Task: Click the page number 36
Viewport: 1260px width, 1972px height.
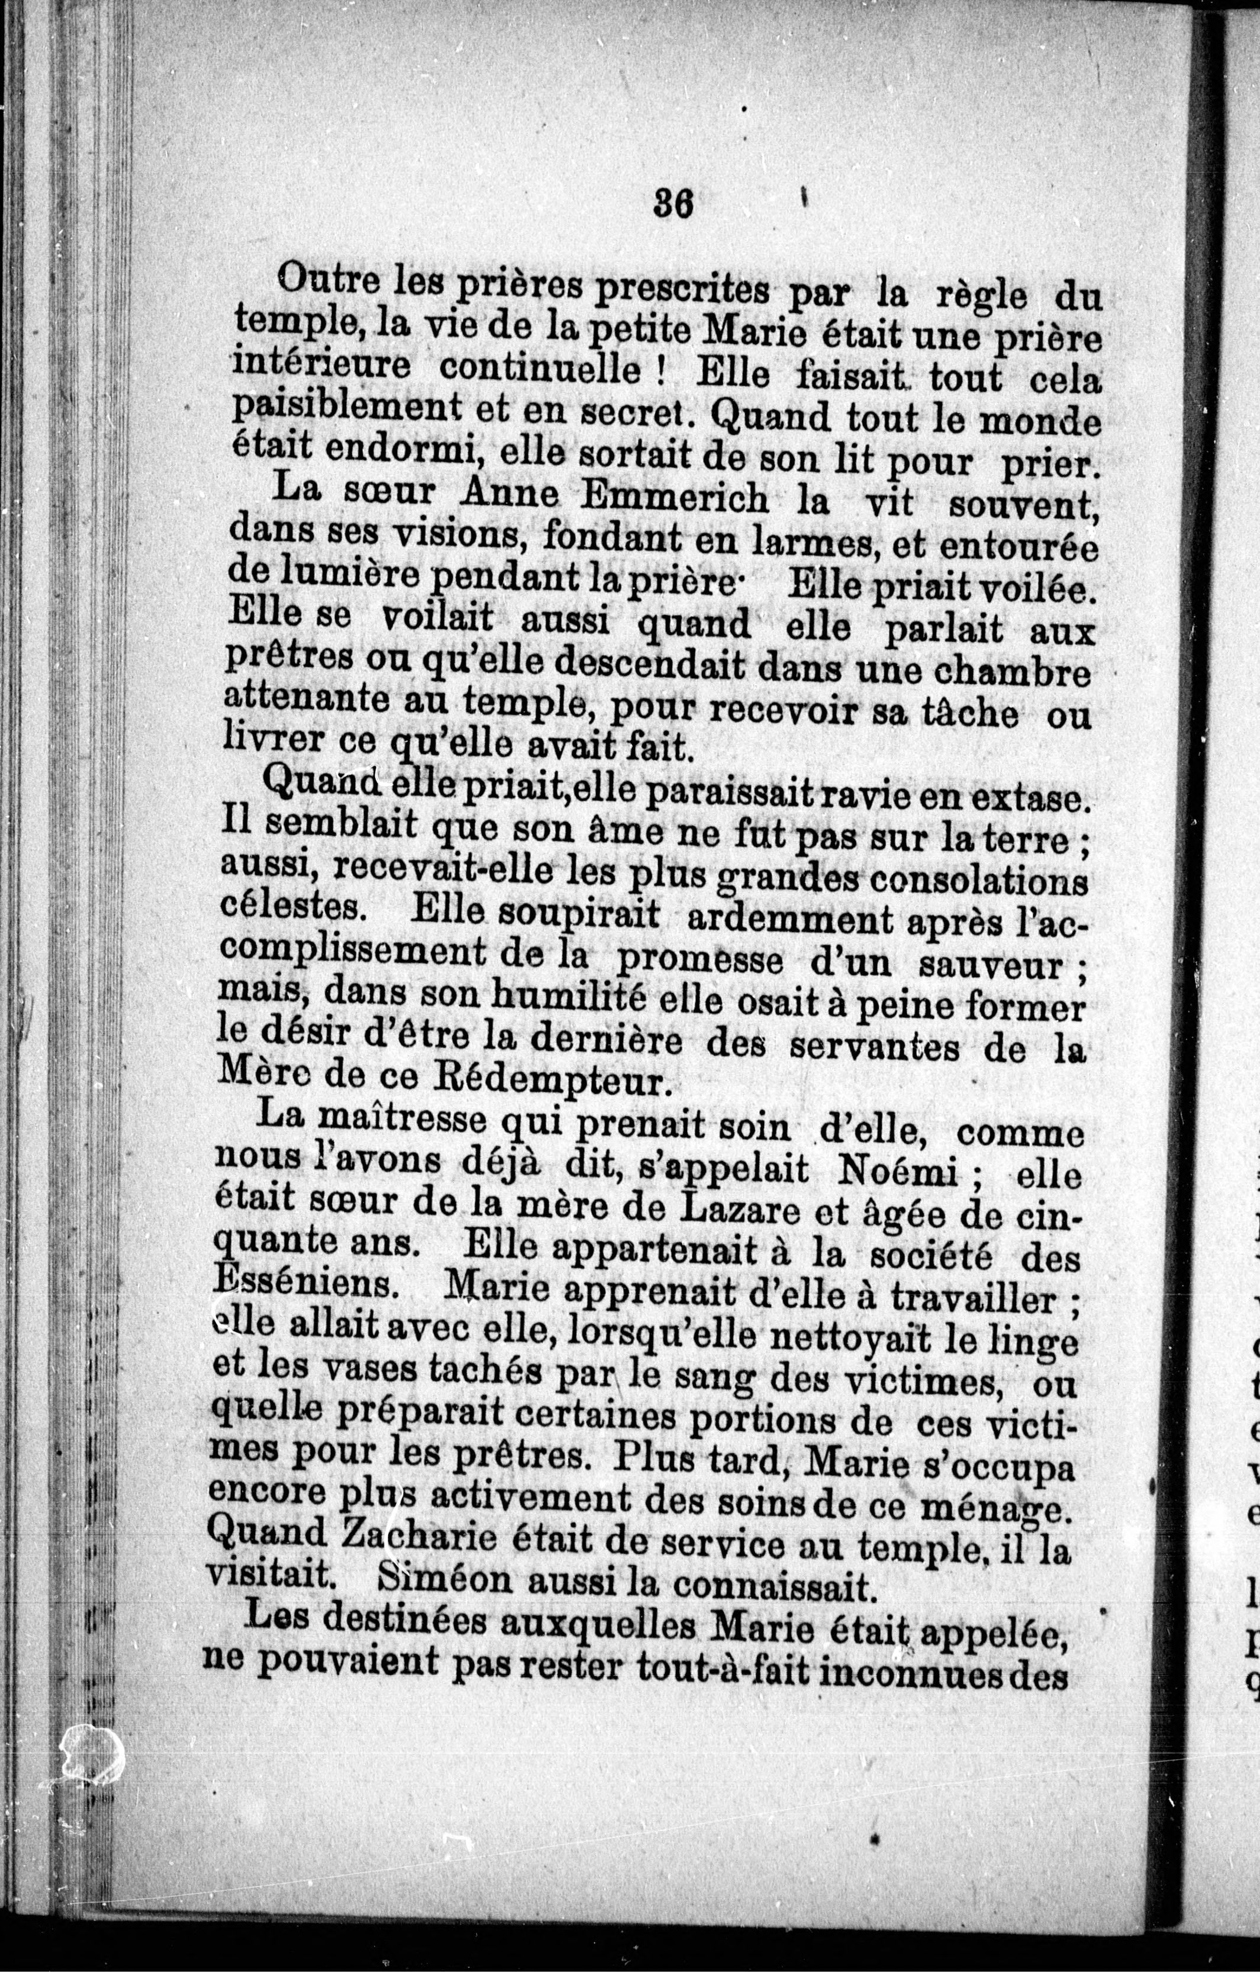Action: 674,204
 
